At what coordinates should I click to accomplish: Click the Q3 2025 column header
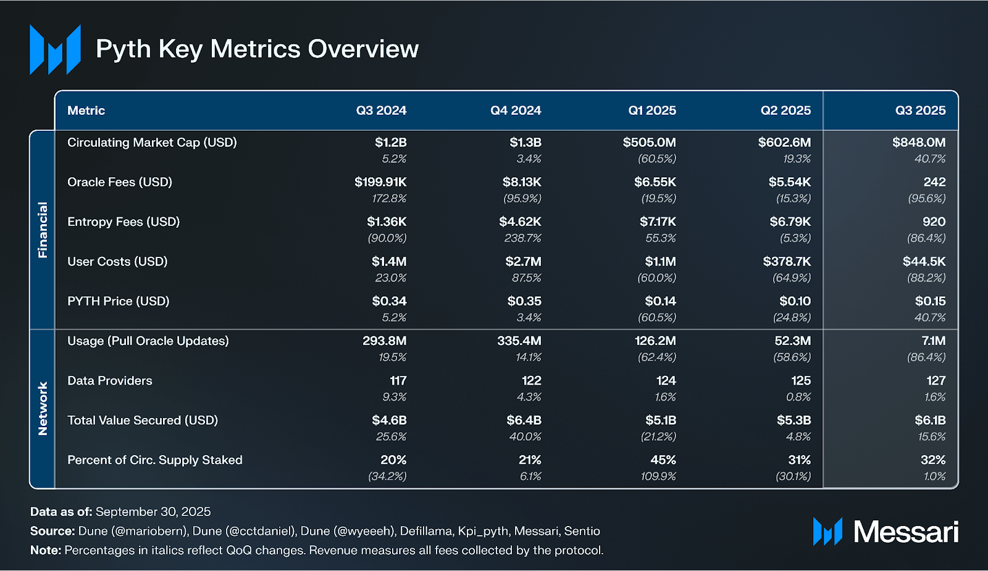pyautogui.click(x=920, y=110)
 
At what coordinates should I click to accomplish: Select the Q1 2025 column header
pyautogui.click(x=651, y=110)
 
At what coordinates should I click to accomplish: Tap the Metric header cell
pyautogui.click(x=86, y=110)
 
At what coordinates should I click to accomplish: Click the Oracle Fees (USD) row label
pyautogui.click(x=120, y=182)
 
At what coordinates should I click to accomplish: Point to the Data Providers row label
pyautogui.click(x=110, y=381)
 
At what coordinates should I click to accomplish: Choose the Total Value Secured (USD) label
pyautogui.click(x=143, y=420)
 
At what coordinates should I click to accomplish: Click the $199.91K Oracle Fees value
pyautogui.click(x=380, y=182)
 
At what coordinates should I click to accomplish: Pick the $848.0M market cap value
pyautogui.click(x=918, y=143)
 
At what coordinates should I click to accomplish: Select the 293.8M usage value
pyautogui.click(x=384, y=341)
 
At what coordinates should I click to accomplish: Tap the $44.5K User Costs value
pyautogui.click(x=924, y=262)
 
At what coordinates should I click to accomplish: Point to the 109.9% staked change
pyautogui.click(x=658, y=477)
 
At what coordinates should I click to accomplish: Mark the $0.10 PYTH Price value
pyautogui.click(x=795, y=301)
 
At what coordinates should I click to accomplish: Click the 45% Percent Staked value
pyautogui.click(x=663, y=460)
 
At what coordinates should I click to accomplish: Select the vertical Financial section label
pyautogui.click(x=43, y=230)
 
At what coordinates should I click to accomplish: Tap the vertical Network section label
pyautogui.click(x=43, y=409)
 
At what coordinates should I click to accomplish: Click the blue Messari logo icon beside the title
pyautogui.click(x=55, y=49)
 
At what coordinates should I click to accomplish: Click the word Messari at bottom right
pyautogui.click(x=905, y=531)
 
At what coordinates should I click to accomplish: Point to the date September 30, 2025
pyautogui.click(x=153, y=512)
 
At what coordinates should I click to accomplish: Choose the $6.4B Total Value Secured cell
pyautogui.click(x=524, y=420)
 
